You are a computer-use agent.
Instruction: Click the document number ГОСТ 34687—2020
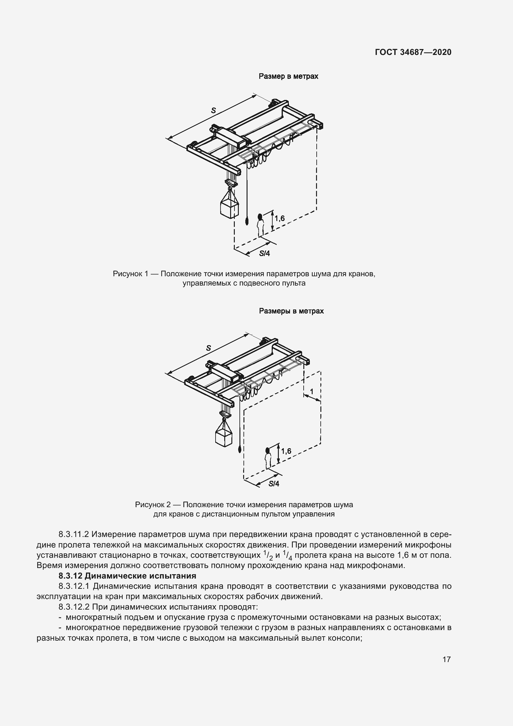[x=413, y=52]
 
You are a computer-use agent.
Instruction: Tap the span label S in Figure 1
[x=213, y=110]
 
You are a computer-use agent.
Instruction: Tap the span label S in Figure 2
[x=208, y=348]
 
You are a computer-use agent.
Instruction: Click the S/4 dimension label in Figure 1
[x=264, y=253]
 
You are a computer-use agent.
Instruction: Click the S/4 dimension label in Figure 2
[x=274, y=484]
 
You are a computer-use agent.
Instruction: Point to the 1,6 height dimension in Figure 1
[x=279, y=218]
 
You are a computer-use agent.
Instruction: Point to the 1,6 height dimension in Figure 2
[x=286, y=451]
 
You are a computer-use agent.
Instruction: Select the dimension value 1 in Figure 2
[x=312, y=392]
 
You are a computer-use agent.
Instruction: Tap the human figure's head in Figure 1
[x=260, y=217]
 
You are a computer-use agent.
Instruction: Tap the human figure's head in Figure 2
[x=268, y=450]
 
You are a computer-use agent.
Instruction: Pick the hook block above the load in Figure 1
[x=230, y=183]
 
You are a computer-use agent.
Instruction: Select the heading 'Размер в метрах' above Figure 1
[x=288, y=76]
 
